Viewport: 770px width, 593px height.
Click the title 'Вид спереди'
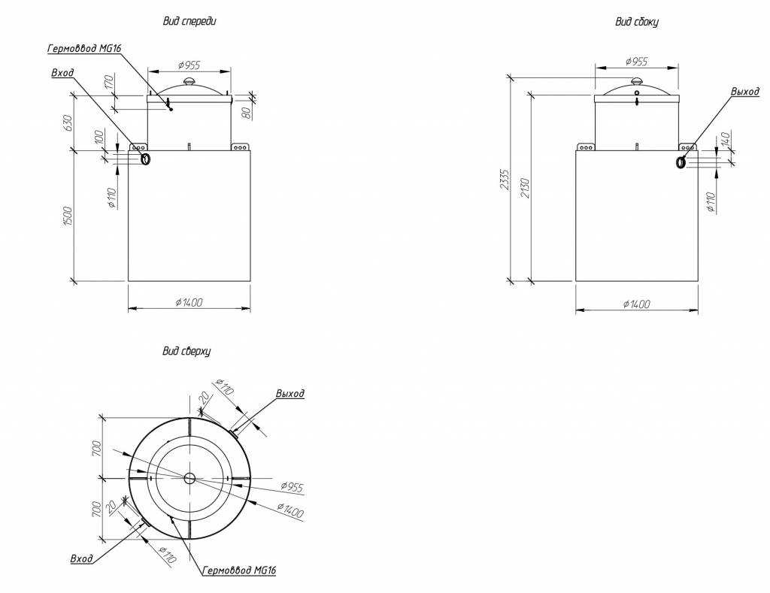tap(189, 22)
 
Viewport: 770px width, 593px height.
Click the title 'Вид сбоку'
tap(636, 22)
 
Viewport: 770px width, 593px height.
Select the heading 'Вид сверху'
tap(186, 351)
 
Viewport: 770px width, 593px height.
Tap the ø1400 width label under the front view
tap(189, 301)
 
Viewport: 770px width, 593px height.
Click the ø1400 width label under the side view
tap(636, 304)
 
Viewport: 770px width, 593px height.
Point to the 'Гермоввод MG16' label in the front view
tap(84, 49)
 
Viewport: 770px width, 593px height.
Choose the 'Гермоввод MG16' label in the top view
tap(239, 571)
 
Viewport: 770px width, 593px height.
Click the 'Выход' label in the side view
tap(744, 92)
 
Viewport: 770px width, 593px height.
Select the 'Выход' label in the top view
tap(290, 394)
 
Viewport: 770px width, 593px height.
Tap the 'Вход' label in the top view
tap(81, 559)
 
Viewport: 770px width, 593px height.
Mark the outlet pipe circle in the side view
tap(681, 162)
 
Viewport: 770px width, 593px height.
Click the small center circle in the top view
tap(189, 478)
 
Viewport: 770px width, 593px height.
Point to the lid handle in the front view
tap(189, 80)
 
